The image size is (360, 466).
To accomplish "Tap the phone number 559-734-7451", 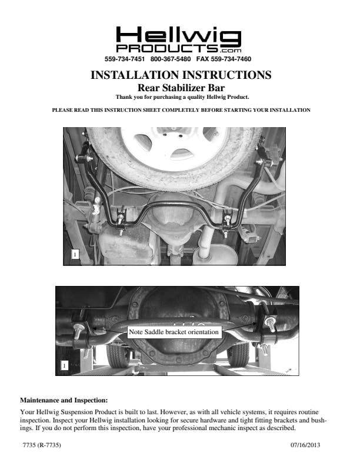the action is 125,59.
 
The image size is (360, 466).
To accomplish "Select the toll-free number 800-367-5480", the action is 171,59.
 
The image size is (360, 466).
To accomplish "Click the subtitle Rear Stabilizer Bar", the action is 181,88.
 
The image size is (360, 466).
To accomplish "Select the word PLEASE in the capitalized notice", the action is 62,110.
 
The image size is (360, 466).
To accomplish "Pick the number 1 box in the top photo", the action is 75,254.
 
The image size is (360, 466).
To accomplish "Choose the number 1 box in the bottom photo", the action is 65,365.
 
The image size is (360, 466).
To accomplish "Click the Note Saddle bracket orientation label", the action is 174,332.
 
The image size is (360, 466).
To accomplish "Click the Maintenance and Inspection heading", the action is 64,400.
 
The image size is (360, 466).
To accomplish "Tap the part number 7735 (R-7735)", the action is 42,445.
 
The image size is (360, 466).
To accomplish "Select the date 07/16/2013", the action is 305,445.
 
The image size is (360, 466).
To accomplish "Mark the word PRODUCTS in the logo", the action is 167,48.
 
